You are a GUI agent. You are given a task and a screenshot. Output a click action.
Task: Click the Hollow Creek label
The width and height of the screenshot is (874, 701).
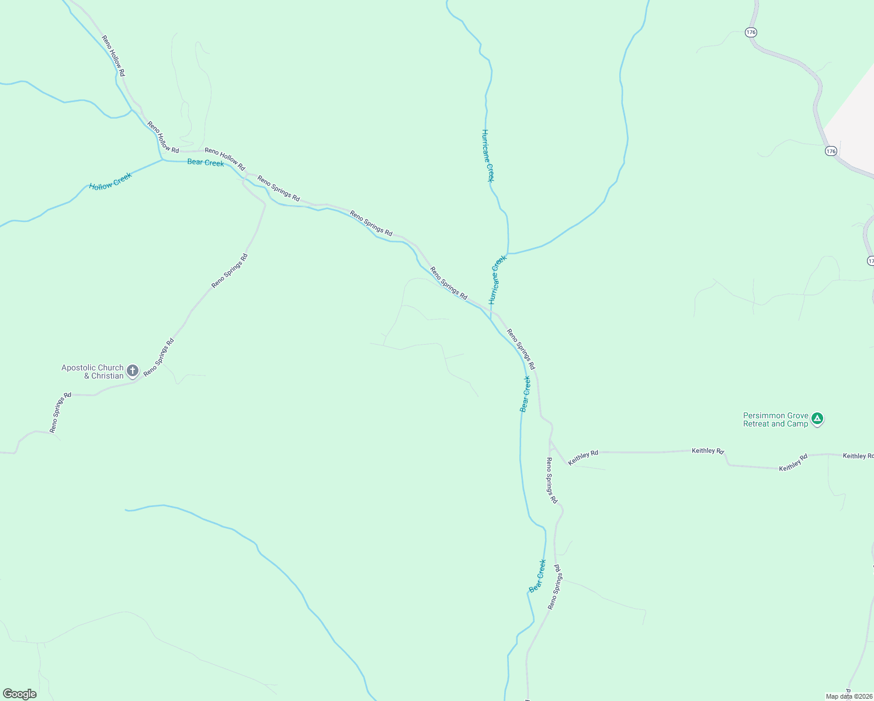click(110, 182)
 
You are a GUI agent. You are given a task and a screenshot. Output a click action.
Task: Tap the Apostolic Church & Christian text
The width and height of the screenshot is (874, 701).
click(92, 372)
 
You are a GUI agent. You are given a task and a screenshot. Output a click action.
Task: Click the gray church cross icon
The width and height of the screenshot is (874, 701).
click(133, 370)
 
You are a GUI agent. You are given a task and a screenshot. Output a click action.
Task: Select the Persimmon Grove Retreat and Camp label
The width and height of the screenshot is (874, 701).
click(775, 420)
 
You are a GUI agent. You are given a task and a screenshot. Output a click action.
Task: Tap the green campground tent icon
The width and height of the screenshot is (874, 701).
click(817, 419)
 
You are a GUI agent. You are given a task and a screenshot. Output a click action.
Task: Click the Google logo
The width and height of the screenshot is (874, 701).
click(19, 694)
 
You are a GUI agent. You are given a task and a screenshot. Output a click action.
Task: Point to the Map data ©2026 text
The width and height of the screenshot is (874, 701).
click(849, 696)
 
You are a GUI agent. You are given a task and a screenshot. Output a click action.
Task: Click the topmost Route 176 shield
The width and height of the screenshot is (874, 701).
click(751, 32)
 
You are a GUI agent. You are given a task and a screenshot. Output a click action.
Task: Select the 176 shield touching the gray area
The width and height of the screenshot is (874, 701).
click(831, 151)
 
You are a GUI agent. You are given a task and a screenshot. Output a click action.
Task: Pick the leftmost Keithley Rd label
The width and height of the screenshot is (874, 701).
click(583, 457)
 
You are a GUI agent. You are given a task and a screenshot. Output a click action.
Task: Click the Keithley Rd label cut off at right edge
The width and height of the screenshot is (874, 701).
click(858, 456)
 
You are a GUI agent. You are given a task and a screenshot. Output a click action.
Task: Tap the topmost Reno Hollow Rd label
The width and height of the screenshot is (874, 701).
click(113, 56)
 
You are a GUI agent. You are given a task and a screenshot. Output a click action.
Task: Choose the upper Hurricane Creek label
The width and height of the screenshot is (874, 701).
click(487, 155)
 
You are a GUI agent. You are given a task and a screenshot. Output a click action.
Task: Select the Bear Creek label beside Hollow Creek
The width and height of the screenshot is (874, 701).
click(206, 162)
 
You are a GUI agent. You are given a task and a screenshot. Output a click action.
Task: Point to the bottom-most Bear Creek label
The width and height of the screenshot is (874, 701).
click(537, 576)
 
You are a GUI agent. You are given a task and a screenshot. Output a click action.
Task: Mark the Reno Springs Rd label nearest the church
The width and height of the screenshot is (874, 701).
click(159, 356)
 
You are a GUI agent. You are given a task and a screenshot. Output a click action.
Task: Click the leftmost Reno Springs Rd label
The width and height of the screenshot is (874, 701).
click(60, 412)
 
